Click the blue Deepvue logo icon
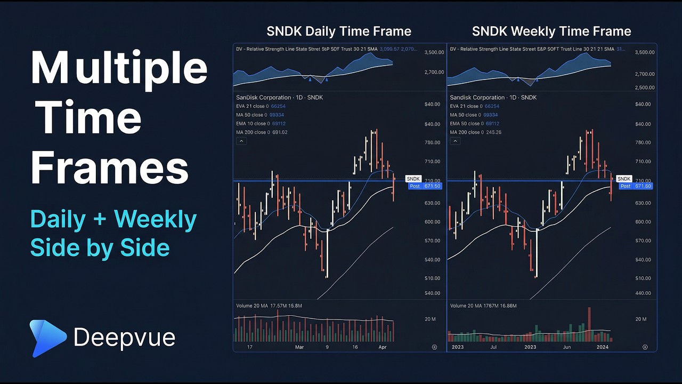click(47, 338)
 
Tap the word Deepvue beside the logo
click(124, 338)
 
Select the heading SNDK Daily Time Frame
click(339, 31)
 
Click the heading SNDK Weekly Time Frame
click(551, 31)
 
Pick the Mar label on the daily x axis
click(299, 347)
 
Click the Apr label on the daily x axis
click(383, 347)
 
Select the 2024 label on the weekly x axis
click(603, 347)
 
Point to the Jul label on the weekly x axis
click(493, 347)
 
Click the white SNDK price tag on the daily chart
click(413, 179)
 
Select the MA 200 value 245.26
click(494, 132)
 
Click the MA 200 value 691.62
click(280, 132)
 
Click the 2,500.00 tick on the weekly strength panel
click(645, 87)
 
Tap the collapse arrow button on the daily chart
click(241, 141)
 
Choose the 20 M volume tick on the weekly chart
click(640, 319)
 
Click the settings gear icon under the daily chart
click(434, 347)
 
